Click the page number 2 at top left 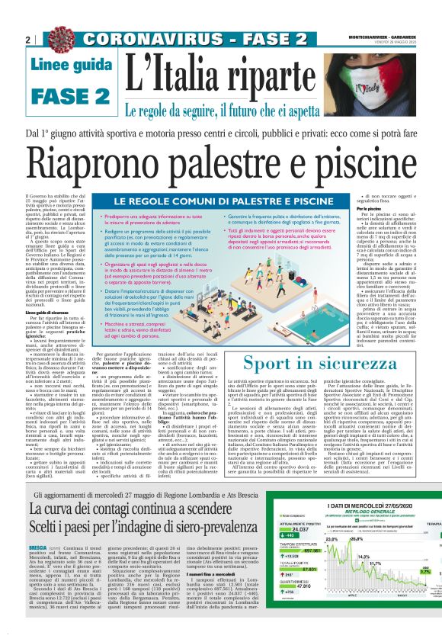[28, 39]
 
